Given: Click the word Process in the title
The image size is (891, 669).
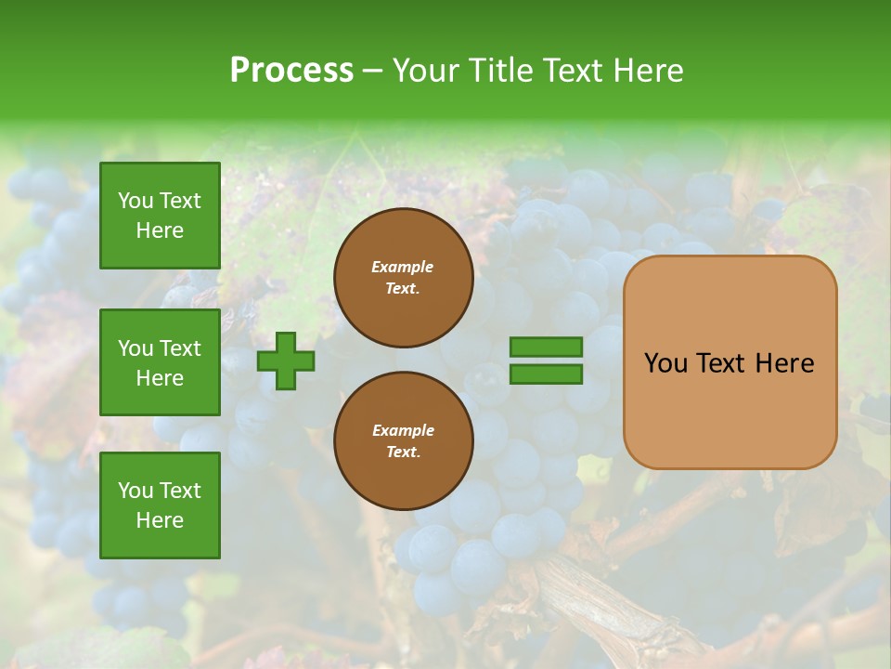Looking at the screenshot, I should (x=291, y=71).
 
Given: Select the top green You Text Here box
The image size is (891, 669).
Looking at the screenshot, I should (x=160, y=216).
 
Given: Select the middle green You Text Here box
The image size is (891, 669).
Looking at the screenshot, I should (x=160, y=362).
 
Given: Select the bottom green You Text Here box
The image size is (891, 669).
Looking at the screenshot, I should (x=160, y=505).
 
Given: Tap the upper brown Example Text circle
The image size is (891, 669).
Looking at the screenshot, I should (x=403, y=278).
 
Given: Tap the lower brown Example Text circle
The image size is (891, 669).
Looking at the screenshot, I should (x=403, y=441).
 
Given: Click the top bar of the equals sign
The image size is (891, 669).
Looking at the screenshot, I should (x=546, y=348).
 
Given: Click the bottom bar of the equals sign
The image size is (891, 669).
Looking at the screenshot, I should (x=546, y=374).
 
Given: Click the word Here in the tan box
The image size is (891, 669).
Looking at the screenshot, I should (x=785, y=363).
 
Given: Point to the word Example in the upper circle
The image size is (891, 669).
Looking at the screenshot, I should (x=403, y=268).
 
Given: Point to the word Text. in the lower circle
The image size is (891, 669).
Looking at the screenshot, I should (x=403, y=453).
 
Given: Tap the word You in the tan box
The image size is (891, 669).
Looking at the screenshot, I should (x=665, y=363).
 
